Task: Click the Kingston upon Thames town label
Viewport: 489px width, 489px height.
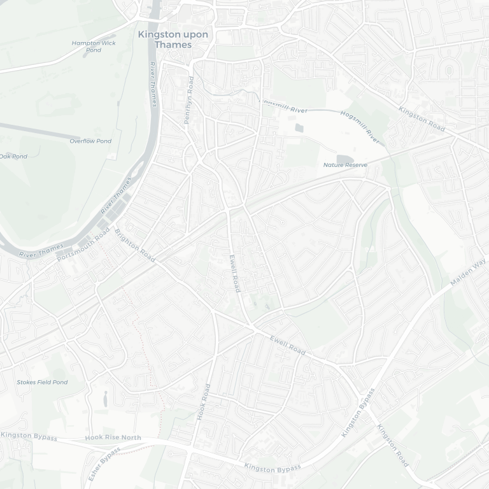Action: click(x=173, y=39)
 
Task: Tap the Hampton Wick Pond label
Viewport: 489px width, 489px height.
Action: click(x=94, y=46)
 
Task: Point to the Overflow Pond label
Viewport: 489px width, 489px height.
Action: click(x=90, y=141)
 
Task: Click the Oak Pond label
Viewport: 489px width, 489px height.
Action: click(x=13, y=156)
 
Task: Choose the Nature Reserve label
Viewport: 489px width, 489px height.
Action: click(x=345, y=165)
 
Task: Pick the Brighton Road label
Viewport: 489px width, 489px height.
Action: click(x=135, y=245)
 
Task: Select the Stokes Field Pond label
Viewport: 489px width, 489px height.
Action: click(x=42, y=382)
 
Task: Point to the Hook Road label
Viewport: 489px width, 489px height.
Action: click(x=204, y=401)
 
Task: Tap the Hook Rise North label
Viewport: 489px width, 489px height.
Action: click(x=113, y=437)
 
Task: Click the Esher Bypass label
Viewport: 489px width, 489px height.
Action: click(x=104, y=463)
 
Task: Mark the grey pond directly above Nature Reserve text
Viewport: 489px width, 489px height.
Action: click(x=344, y=159)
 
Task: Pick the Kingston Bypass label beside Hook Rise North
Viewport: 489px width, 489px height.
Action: click(x=29, y=437)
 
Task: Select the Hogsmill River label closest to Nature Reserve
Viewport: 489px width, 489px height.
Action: click(x=360, y=126)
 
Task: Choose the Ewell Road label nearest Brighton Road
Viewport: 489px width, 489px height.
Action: click(x=235, y=273)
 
